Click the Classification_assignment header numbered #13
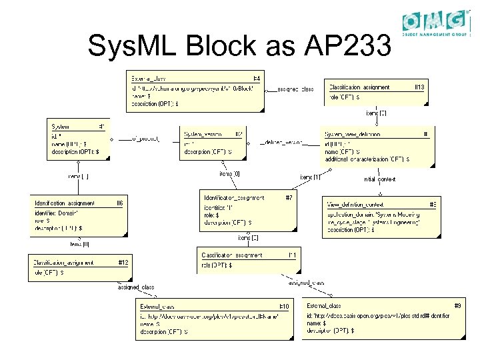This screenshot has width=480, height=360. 359,87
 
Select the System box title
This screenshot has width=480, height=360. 61,126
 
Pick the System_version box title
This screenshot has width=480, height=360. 203,134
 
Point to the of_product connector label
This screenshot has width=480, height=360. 145,139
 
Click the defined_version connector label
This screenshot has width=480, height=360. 283,142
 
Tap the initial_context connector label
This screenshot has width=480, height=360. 379,179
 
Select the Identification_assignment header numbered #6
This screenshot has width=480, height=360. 65,203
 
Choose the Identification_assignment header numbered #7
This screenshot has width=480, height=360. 233,198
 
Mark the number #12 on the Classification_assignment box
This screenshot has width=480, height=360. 123,263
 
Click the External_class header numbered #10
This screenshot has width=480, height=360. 161,306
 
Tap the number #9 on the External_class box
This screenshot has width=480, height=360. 457,305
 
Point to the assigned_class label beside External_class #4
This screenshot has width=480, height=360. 295,89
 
